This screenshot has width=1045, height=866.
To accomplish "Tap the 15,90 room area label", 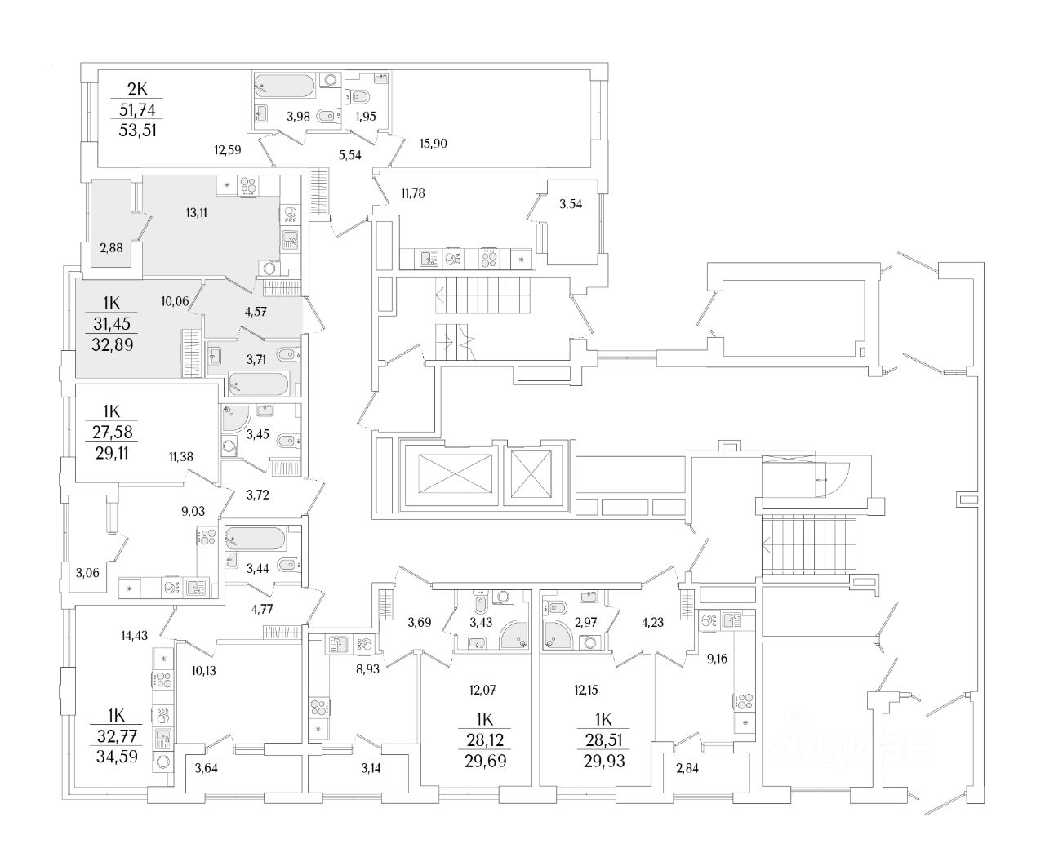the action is (x=433, y=144).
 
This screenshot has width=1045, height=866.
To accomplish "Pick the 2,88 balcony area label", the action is (x=112, y=248).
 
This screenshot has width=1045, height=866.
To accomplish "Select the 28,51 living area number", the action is (x=605, y=741).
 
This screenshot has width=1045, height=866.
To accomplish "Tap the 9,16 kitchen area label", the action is (x=717, y=658).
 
